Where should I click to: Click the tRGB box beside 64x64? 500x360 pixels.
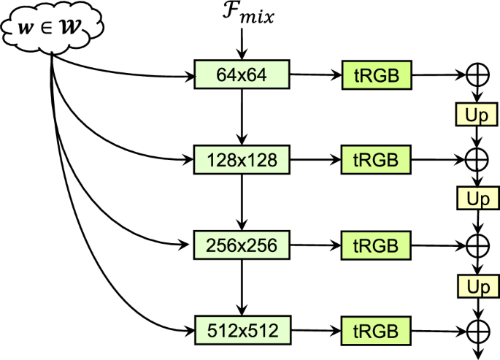(x=375, y=75)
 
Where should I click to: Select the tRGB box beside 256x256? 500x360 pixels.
(x=375, y=245)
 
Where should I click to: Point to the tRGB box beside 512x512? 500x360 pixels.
(x=375, y=330)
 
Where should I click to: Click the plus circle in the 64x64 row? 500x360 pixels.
(x=477, y=75)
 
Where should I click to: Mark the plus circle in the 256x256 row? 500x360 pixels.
(x=477, y=245)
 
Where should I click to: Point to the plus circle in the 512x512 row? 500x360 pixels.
(x=477, y=330)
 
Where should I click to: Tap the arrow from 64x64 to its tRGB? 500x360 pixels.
(x=315, y=75)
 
